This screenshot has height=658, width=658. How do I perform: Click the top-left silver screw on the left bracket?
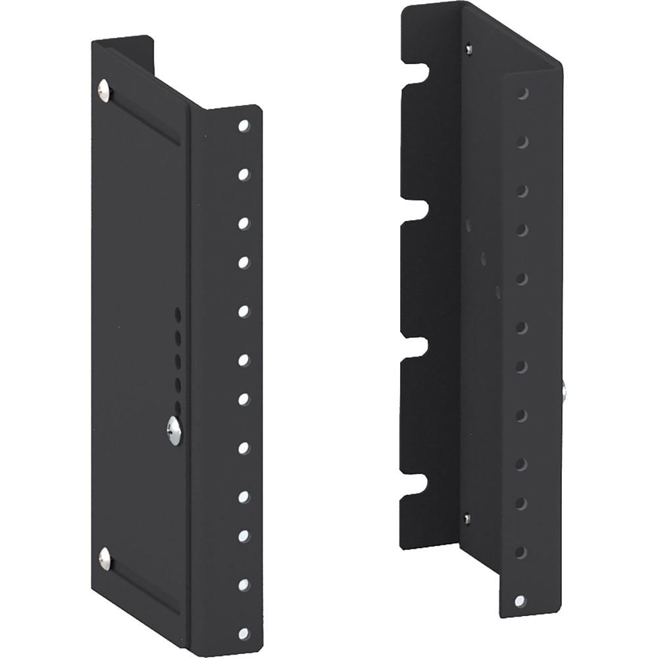pyautogui.click(x=104, y=90)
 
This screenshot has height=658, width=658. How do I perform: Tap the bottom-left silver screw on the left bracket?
pyautogui.click(x=105, y=558)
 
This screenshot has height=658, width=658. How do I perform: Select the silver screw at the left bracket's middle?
pyautogui.click(x=174, y=430)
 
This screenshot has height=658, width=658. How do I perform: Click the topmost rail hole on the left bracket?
pyautogui.click(x=243, y=125)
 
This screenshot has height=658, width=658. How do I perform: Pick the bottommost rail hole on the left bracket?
pyautogui.click(x=243, y=633)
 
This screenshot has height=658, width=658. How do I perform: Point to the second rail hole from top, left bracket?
pyautogui.click(x=243, y=174)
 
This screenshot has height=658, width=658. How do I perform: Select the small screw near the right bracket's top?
pyautogui.click(x=468, y=48)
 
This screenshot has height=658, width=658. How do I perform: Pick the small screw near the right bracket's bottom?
pyautogui.click(x=467, y=519)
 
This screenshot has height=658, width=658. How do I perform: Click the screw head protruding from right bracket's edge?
pyautogui.click(x=565, y=391)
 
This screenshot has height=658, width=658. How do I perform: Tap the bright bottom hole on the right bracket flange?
pyautogui.click(x=520, y=600)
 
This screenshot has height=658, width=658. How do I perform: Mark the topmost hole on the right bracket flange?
pyautogui.click(x=522, y=94)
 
